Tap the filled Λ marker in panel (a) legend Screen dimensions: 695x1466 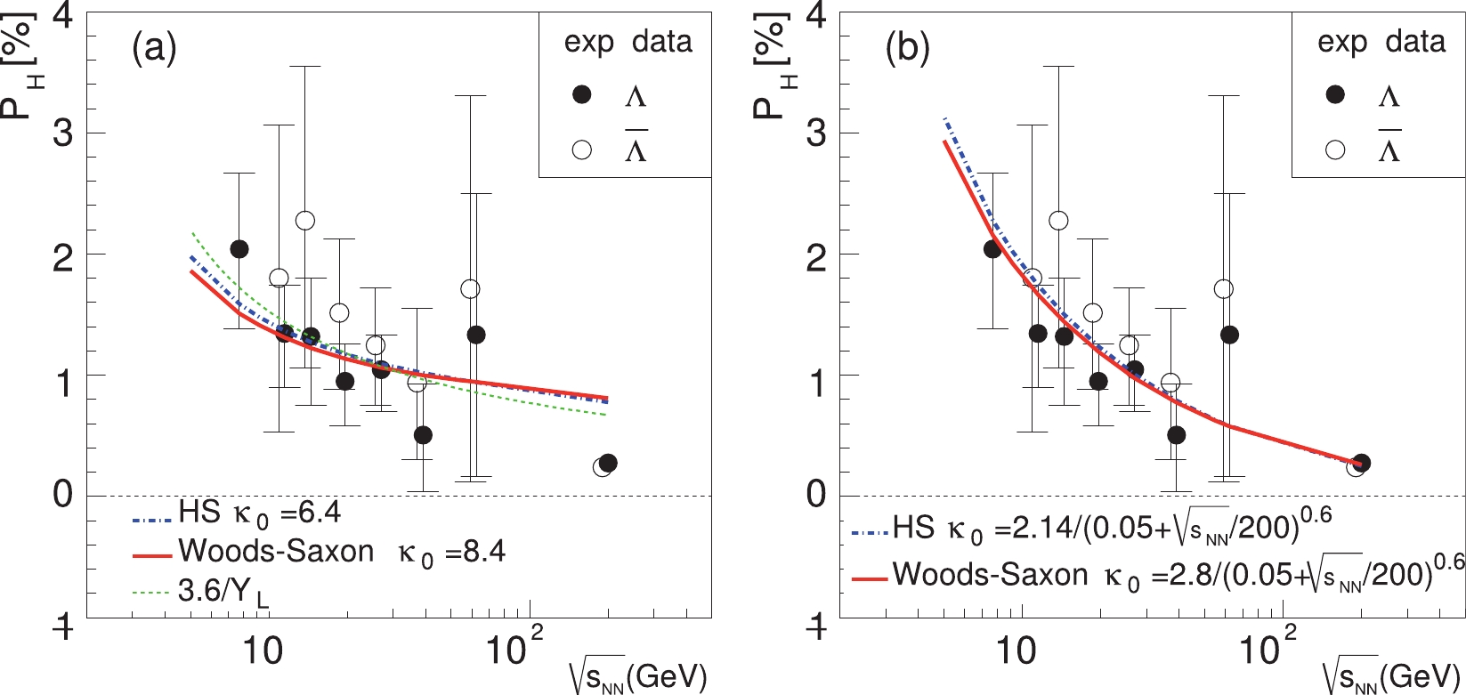(582, 95)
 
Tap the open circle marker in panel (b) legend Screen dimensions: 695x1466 (1335, 150)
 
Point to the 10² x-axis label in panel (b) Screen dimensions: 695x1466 (1263, 648)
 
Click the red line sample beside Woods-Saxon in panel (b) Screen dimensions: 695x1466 (869, 578)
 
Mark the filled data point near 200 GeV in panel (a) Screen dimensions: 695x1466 (608, 463)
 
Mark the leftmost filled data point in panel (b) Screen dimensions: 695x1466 (993, 249)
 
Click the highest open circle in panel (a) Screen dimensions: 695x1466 (305, 220)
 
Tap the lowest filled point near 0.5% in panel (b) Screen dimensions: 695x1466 (1176, 435)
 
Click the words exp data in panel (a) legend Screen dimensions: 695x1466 (628, 42)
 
